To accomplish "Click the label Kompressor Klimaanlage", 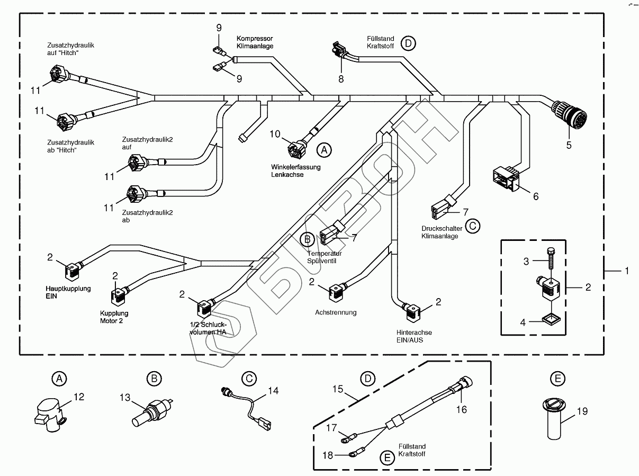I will coord(255,42).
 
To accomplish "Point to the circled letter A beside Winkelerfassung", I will coord(324,150).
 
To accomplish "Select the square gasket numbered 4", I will coord(551,318).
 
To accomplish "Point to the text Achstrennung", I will coord(336,312).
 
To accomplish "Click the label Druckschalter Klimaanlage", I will coord(440,232).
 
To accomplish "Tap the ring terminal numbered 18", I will coord(354,453).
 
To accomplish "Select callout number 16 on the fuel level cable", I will coord(462,409).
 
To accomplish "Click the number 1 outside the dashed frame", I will coord(626,271).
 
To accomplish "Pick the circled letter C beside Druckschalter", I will coord(473,226).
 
